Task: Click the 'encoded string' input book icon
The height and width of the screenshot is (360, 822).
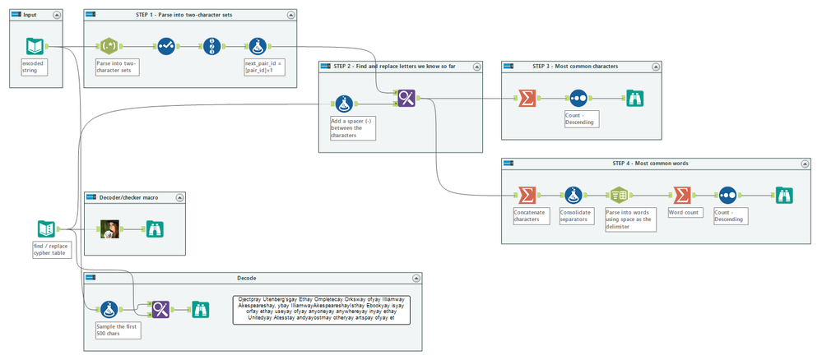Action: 35,46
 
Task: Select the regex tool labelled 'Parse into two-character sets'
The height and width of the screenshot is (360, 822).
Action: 111,47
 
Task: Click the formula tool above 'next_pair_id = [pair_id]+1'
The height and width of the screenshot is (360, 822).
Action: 258,47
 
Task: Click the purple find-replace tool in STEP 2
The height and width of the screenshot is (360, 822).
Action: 406,99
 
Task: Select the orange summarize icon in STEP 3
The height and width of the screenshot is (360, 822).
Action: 526,99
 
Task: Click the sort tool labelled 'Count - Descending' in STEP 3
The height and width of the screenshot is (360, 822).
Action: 578,99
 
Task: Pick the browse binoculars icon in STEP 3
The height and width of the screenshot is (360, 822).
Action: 634,99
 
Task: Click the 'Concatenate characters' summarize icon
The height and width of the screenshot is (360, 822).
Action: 525,196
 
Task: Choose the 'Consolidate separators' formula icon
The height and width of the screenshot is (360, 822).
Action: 574,196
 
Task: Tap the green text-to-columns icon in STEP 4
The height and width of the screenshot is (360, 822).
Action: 620,196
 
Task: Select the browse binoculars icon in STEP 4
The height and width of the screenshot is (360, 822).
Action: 783,196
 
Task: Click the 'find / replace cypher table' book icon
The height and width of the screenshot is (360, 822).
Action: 47,229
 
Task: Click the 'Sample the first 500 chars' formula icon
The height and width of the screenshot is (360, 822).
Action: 109,309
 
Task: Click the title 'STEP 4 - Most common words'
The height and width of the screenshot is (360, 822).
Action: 650,163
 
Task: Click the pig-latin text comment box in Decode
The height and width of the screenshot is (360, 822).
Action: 321,310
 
